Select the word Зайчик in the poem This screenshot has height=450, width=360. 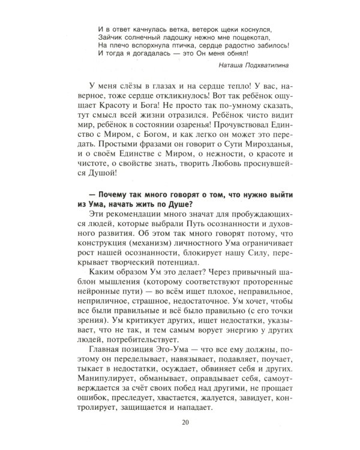[110, 35]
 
